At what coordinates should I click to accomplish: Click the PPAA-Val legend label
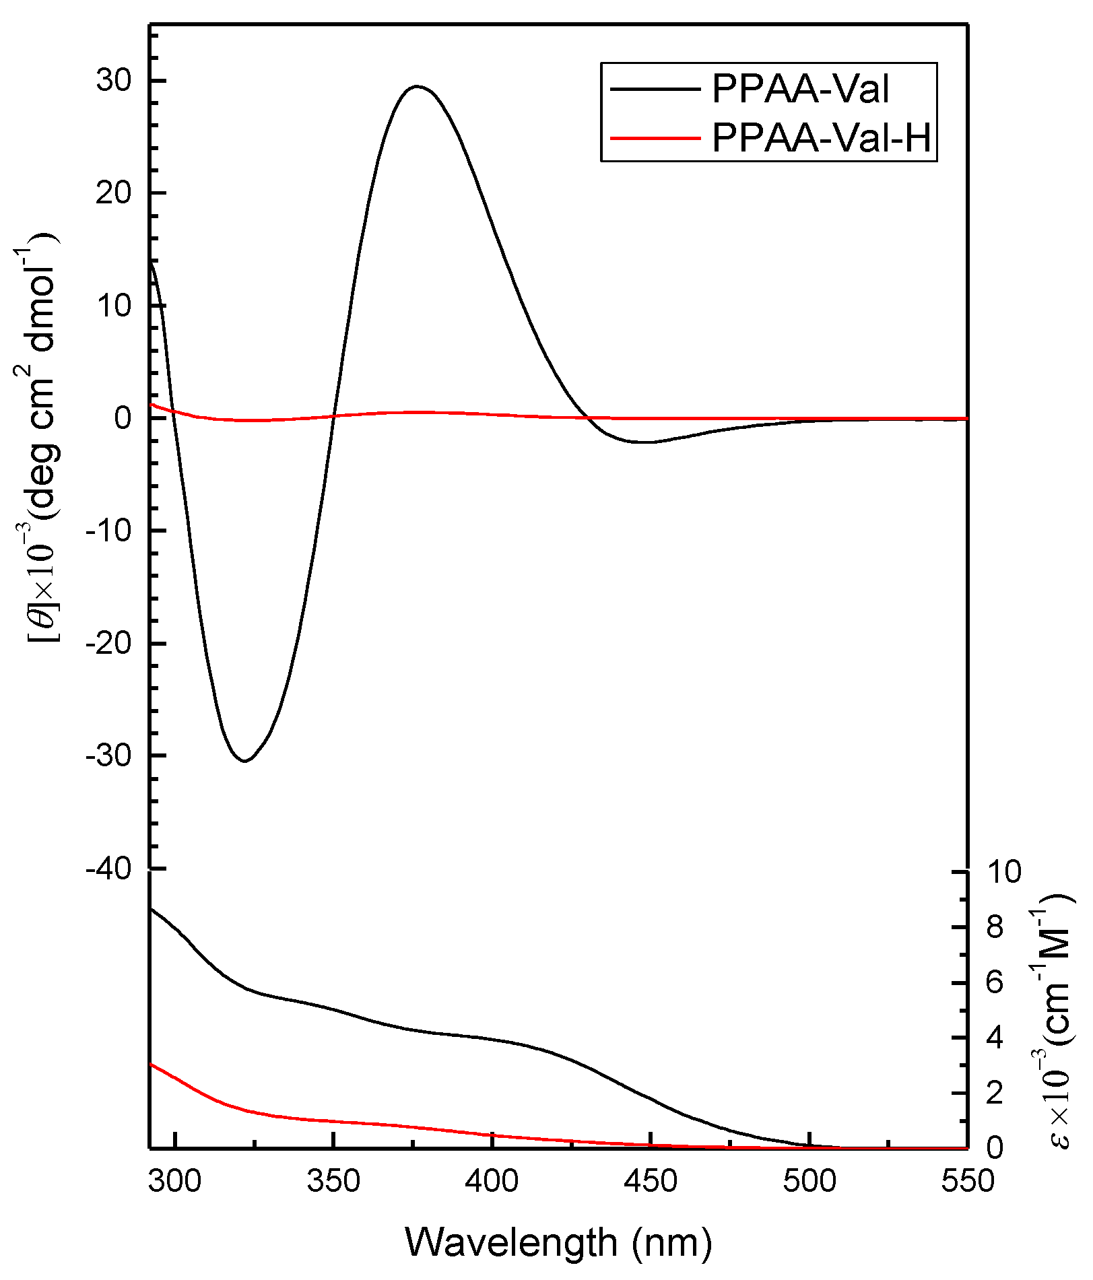(x=800, y=89)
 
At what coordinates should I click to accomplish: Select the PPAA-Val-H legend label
(x=822, y=138)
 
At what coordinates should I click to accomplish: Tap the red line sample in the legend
(x=655, y=139)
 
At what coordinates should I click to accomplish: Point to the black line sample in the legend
(x=655, y=89)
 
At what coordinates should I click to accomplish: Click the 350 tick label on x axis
(x=333, y=1181)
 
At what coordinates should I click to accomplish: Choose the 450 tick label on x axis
(x=651, y=1181)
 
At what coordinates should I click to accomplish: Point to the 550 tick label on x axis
(x=967, y=1181)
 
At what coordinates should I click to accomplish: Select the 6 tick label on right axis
(x=995, y=982)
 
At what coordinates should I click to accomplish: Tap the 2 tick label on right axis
(x=995, y=1092)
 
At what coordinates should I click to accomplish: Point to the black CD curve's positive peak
(x=418, y=86)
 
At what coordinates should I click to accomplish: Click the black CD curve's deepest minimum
(x=244, y=761)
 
